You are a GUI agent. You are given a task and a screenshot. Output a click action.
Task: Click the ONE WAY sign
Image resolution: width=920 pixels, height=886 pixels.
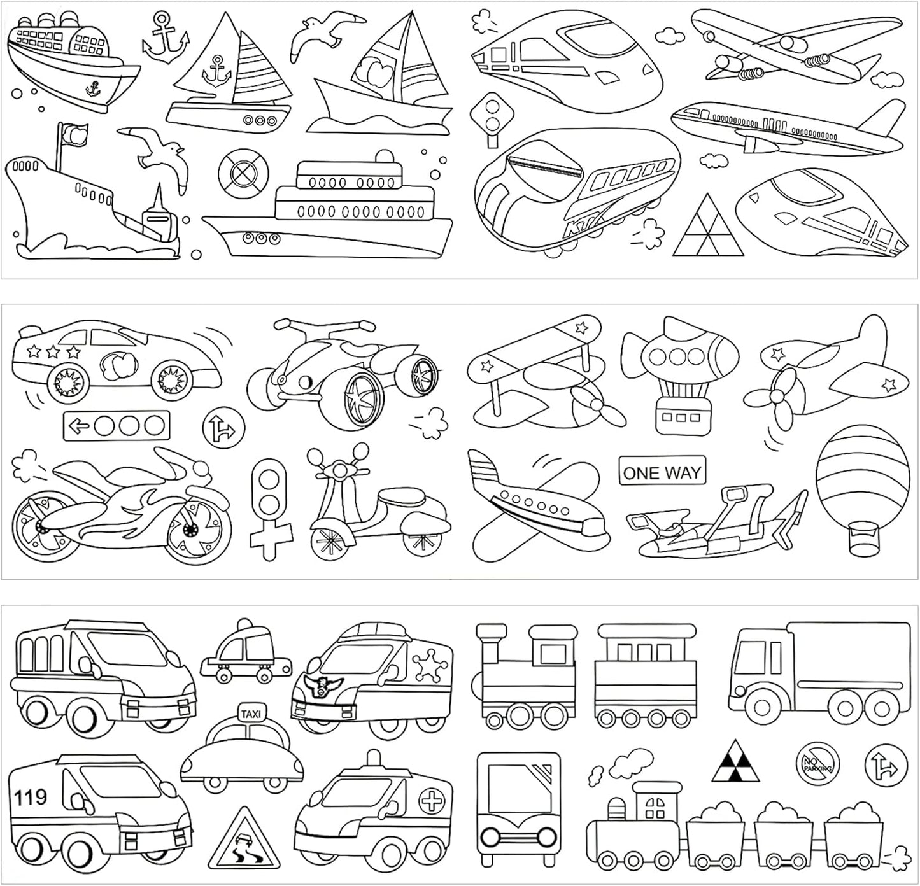point(662,473)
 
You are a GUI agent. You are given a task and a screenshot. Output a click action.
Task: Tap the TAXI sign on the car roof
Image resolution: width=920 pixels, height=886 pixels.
point(250,715)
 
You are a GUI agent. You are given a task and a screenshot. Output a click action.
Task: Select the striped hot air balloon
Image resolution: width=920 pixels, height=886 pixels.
point(862,491)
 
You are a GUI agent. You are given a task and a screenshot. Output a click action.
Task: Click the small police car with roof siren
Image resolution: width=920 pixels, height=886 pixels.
point(245,652)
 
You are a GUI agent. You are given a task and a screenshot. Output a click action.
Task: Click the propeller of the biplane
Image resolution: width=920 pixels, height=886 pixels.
point(597,405)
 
